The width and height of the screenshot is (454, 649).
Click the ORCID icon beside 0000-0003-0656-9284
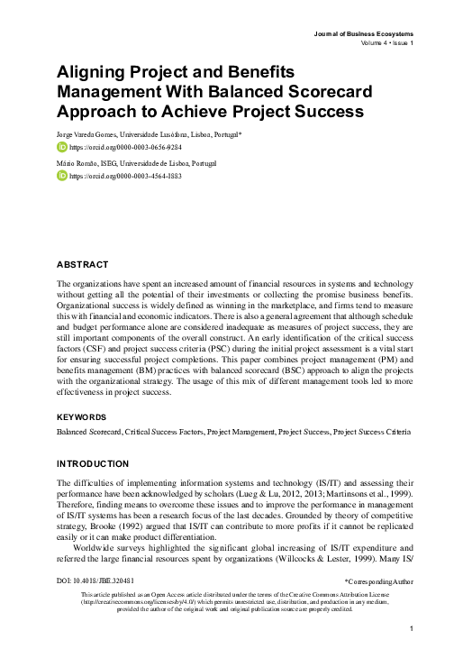pyautogui.click(x=61, y=147)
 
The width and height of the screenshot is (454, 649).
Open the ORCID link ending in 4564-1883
pyautogui.click(x=118, y=177)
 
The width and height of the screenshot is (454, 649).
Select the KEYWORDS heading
pyautogui.click(x=82, y=417)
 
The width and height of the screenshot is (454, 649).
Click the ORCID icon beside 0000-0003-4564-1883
pyautogui.click(x=61, y=177)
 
